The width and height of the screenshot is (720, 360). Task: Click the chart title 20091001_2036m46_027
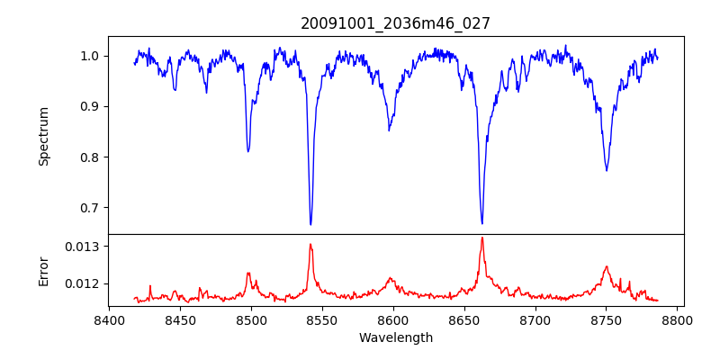(396, 23)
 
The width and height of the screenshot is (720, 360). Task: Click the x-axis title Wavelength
(396, 338)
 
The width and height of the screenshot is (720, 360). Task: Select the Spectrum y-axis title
(43, 136)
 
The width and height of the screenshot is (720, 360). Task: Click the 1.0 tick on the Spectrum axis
(91, 56)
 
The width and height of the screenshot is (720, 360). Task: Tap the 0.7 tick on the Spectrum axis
(91, 208)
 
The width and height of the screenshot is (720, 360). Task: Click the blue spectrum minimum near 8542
(310, 224)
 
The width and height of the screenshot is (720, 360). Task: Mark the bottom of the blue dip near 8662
(482, 223)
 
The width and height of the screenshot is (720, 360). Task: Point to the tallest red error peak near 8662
(482, 238)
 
